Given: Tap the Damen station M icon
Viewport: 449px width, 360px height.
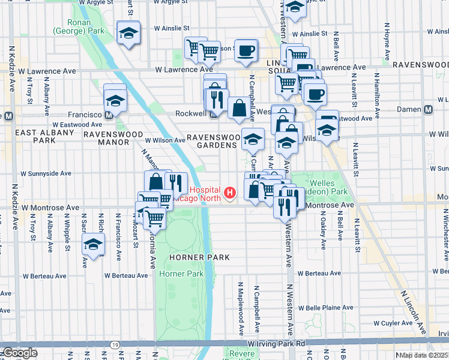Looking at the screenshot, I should (x=428, y=110).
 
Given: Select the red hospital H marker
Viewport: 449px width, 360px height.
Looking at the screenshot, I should (x=229, y=193).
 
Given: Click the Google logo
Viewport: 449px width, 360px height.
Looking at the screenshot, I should (x=20, y=353).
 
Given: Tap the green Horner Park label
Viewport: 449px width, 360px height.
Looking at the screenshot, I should (x=181, y=274).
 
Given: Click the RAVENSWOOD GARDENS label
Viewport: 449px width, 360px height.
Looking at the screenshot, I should (x=213, y=142).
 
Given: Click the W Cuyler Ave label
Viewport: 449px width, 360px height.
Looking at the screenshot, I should (x=393, y=323).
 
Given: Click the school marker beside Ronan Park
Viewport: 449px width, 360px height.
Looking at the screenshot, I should (x=128, y=34).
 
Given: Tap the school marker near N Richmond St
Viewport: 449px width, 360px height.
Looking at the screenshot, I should (x=93, y=245).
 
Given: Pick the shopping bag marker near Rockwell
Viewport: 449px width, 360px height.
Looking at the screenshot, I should (x=239, y=109).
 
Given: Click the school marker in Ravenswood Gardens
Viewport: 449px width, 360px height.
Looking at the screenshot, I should (x=253, y=139).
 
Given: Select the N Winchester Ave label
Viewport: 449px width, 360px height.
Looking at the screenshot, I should (x=444, y=240).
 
